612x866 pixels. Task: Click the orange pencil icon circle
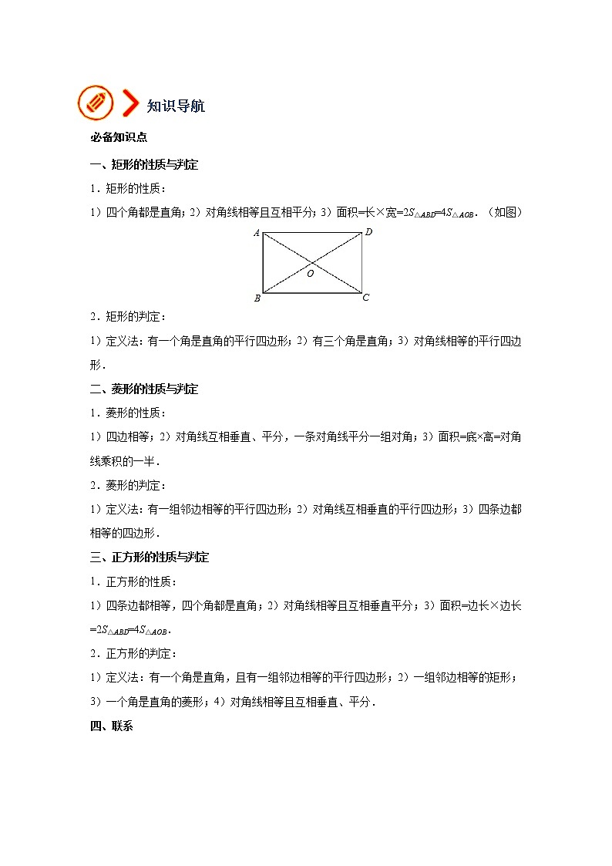(x=95, y=103)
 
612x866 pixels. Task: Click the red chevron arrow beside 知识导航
(x=131, y=104)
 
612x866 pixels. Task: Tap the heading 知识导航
(x=176, y=106)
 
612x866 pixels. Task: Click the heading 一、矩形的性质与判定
(x=144, y=164)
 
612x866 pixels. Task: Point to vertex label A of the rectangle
(x=256, y=233)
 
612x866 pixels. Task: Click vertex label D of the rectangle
(x=369, y=232)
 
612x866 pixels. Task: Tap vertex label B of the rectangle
(x=257, y=298)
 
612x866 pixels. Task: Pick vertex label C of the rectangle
(x=366, y=298)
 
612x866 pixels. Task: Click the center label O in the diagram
(x=311, y=273)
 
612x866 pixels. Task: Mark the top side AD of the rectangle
(x=312, y=234)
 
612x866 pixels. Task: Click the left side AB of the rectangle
(x=263, y=263)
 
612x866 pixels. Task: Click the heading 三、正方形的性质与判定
(x=150, y=557)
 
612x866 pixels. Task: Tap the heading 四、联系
(x=112, y=726)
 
